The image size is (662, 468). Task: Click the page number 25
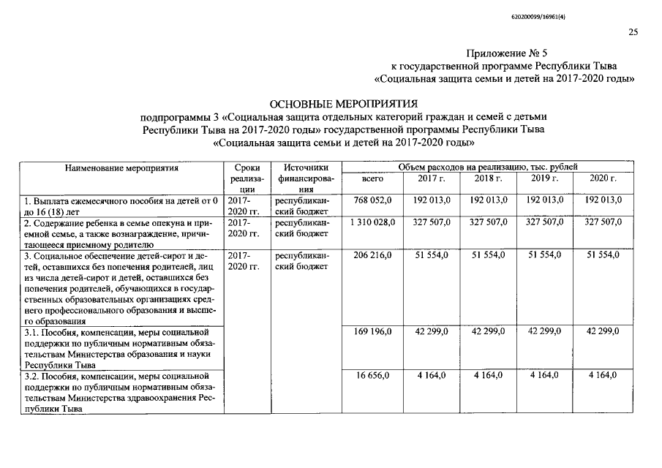coord(633,31)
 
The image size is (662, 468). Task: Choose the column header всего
coord(373,178)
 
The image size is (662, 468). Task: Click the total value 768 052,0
coord(374,199)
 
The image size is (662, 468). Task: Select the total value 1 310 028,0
coord(373,221)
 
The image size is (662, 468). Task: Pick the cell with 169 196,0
coord(374,331)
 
